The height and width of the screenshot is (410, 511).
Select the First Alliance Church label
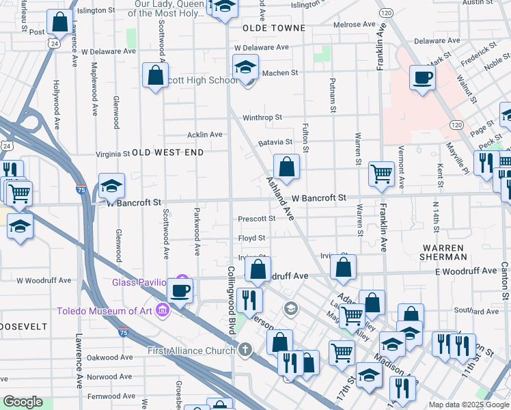click(192, 351)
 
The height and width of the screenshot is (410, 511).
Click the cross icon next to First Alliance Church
click(245, 350)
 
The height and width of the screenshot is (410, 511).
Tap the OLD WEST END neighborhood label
click(168, 152)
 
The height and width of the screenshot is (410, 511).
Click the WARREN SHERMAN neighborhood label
click(443, 252)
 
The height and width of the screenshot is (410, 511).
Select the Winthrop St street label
click(262, 118)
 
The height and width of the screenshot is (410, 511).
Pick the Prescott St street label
click(256, 219)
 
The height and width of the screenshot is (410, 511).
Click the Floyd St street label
click(251, 238)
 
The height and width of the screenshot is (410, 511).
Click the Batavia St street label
click(275, 143)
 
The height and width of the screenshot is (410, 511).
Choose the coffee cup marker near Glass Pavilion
click(180, 290)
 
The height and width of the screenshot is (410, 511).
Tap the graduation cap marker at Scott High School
click(245, 68)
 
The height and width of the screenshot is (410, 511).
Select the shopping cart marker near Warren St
click(381, 173)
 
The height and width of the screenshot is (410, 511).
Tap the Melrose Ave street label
click(355, 25)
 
